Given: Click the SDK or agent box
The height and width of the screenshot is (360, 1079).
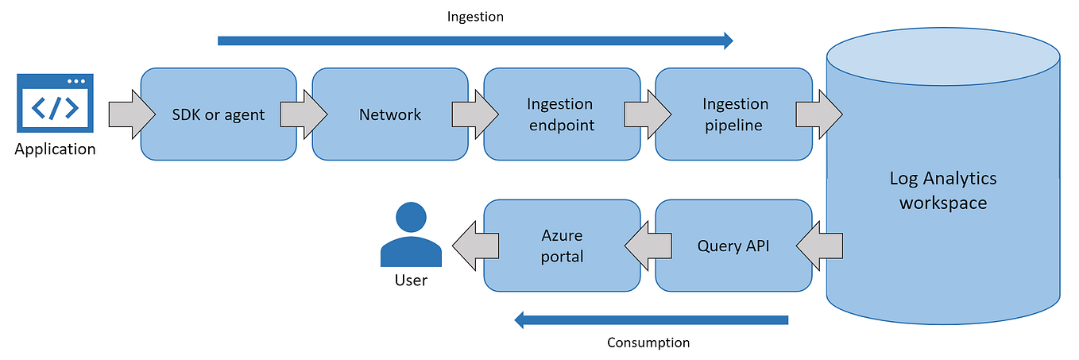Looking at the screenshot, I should pos(219,114).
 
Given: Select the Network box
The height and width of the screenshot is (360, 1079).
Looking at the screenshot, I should pos(390,114).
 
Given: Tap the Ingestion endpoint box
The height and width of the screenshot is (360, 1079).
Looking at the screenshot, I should pos(561,114).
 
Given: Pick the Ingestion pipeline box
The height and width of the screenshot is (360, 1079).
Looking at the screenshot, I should pos(735,114).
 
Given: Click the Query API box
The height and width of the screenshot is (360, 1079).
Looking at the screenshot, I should pos(733,246).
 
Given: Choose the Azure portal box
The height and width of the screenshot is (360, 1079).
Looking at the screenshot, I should pos(563,246).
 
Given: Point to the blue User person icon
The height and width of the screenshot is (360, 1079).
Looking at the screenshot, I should pos(411,235).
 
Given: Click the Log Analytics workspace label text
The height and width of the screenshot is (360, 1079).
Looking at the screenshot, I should pos(943,190).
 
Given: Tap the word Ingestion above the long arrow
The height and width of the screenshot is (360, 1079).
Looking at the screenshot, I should pos(475,16).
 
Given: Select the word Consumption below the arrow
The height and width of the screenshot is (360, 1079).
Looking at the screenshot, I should pos(648,343).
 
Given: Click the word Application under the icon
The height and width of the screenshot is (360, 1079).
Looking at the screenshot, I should pos(55,149).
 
